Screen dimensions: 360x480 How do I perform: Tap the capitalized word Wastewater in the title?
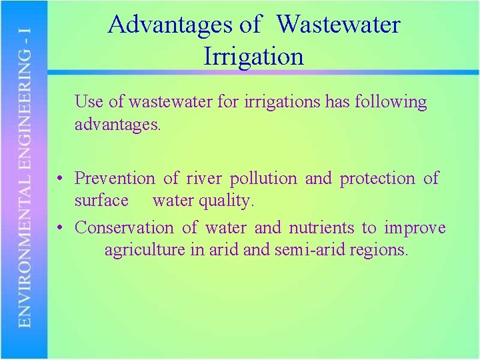coord(338,25)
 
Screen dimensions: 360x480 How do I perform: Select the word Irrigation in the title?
coord(253,56)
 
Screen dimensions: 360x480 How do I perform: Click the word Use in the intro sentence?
coord(89,102)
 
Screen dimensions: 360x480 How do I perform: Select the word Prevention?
coord(115,179)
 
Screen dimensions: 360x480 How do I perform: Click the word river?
coord(203,179)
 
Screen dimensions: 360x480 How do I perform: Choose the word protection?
coord(377,179)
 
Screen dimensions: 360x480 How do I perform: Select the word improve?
coord(415,229)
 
